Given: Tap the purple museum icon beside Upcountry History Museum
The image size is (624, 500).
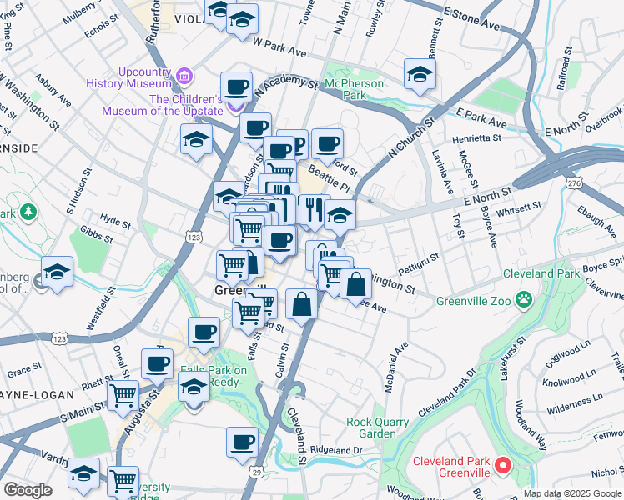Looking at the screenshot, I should point(184,78).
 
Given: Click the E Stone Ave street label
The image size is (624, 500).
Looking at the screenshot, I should point(471,21).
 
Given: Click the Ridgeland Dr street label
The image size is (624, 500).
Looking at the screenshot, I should point(335,449).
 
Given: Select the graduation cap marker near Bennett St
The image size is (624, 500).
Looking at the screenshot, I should point(420,74).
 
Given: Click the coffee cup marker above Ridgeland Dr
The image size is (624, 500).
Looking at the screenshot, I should point(243,442).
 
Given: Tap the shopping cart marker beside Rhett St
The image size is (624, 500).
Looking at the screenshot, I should point(123,395).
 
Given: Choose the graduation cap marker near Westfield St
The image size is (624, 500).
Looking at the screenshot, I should point(58,272).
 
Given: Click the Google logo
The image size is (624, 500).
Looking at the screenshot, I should point(28,490).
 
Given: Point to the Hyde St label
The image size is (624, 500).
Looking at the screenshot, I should point(115,224).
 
